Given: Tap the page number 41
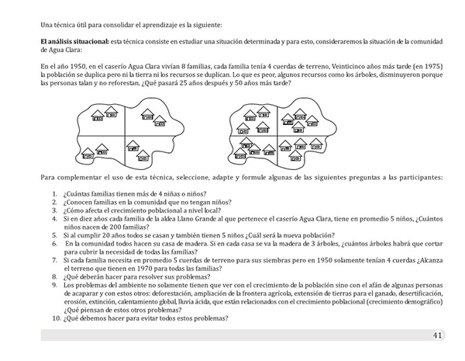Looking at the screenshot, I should click(438, 335).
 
